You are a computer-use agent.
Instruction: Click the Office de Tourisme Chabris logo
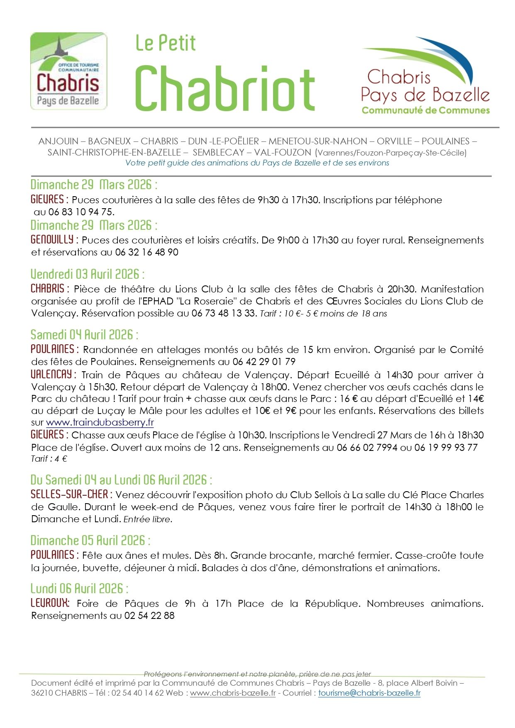tap(68, 71)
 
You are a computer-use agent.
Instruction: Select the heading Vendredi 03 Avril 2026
tap(88, 274)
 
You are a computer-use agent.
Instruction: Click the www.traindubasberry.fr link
tap(100, 423)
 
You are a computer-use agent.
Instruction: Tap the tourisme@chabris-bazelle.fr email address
tap(369, 693)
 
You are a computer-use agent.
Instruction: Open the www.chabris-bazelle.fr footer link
tap(233, 693)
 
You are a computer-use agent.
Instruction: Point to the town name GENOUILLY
tap(52, 239)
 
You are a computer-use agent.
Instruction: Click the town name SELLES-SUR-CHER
tap(70, 494)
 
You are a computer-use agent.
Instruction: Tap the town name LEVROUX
tap(50, 603)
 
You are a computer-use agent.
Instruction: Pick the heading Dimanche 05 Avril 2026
tap(90, 541)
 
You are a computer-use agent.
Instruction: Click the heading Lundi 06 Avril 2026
tap(79, 589)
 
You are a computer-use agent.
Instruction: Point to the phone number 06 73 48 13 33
tap(224, 313)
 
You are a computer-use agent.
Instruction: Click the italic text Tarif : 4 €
tap(49, 459)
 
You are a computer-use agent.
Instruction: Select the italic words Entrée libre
tap(148, 519)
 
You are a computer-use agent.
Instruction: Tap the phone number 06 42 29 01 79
tap(264, 362)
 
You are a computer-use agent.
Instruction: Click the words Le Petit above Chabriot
tap(166, 44)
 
